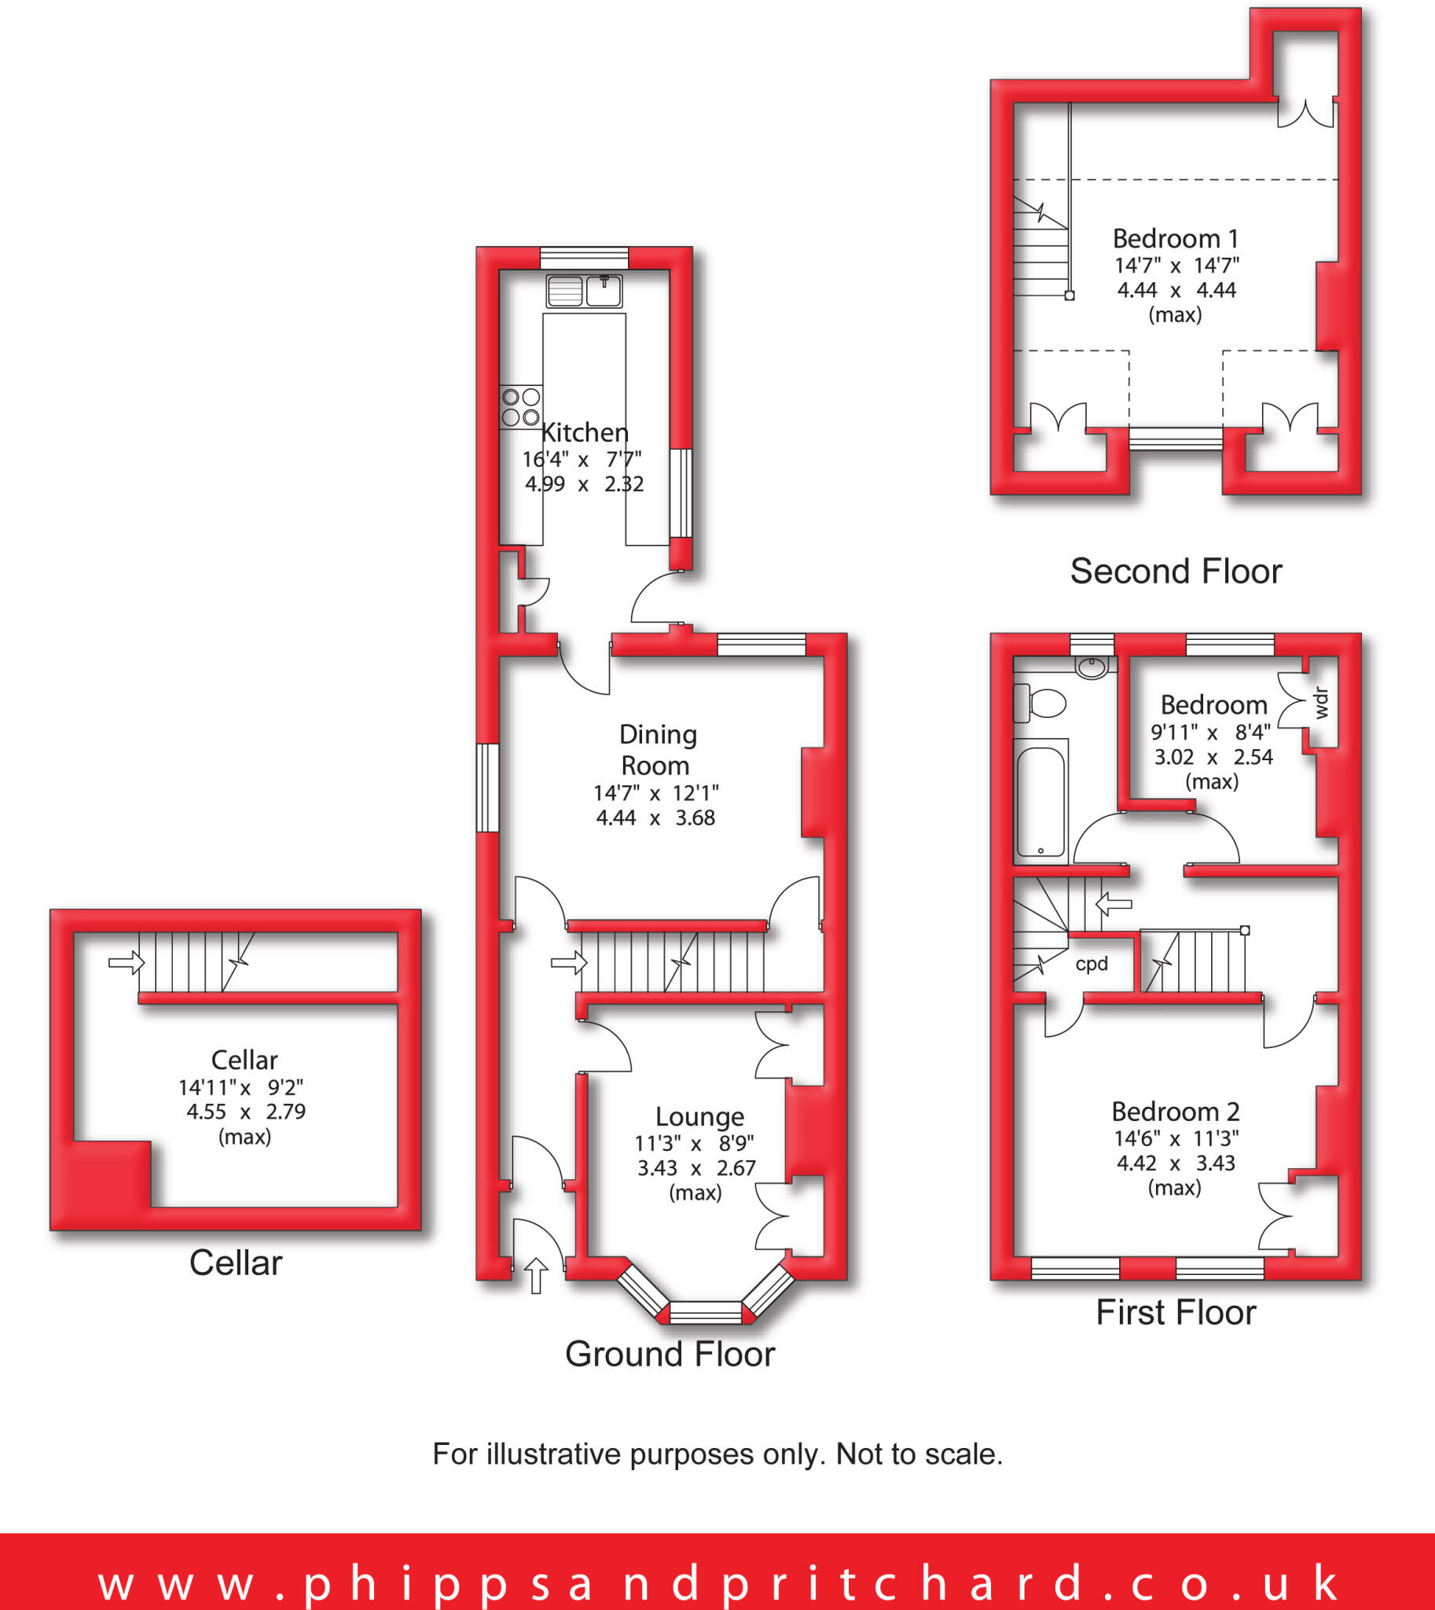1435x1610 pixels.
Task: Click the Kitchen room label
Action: pyautogui.click(x=585, y=432)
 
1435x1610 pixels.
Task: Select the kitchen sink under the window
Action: pyautogui.click(x=584, y=291)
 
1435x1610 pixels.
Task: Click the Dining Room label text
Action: pyautogui.click(x=657, y=749)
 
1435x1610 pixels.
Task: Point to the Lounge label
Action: pyautogui.click(x=699, y=1116)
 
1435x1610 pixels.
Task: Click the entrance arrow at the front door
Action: pyautogui.click(x=536, y=1276)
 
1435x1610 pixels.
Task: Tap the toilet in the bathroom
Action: pyautogui.click(x=1040, y=703)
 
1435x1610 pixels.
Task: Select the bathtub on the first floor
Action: pyautogui.click(x=1040, y=800)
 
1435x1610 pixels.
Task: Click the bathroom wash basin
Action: pyautogui.click(x=1092, y=667)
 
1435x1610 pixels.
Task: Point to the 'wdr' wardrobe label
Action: pyautogui.click(x=1323, y=702)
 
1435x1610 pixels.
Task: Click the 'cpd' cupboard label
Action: pyautogui.click(x=1092, y=964)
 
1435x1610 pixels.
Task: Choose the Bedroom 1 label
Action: pyautogui.click(x=1175, y=238)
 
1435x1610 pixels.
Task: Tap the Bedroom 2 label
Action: pyautogui.click(x=1175, y=1112)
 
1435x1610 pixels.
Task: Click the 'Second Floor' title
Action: pyautogui.click(x=1176, y=571)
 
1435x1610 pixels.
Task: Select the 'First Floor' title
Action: pyautogui.click(x=1176, y=1313)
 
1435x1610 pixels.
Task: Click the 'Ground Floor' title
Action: pyautogui.click(x=670, y=1355)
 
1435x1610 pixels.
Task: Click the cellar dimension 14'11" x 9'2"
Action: pyautogui.click(x=240, y=1088)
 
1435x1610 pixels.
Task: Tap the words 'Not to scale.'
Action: pyautogui.click(x=919, y=1454)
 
